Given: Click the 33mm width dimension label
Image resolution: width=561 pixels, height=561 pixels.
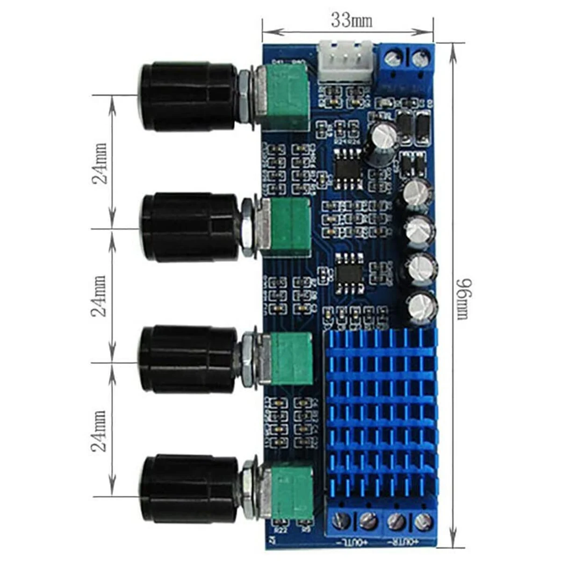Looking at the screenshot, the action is click(x=352, y=20).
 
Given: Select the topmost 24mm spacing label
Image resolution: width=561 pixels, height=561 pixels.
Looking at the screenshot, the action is click(x=100, y=162).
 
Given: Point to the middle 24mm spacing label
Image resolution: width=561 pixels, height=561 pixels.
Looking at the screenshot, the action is click(x=100, y=296).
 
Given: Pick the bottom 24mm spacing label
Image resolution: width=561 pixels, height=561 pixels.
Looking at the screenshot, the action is click(x=100, y=430).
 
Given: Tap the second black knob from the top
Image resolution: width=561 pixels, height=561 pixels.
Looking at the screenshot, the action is click(x=189, y=227).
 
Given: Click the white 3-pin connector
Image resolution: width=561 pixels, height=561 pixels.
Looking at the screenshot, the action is click(x=346, y=60).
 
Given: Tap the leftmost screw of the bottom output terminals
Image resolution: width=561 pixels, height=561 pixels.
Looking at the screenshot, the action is click(x=342, y=520).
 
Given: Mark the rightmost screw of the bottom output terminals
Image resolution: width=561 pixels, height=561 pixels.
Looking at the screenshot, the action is click(x=424, y=520).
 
